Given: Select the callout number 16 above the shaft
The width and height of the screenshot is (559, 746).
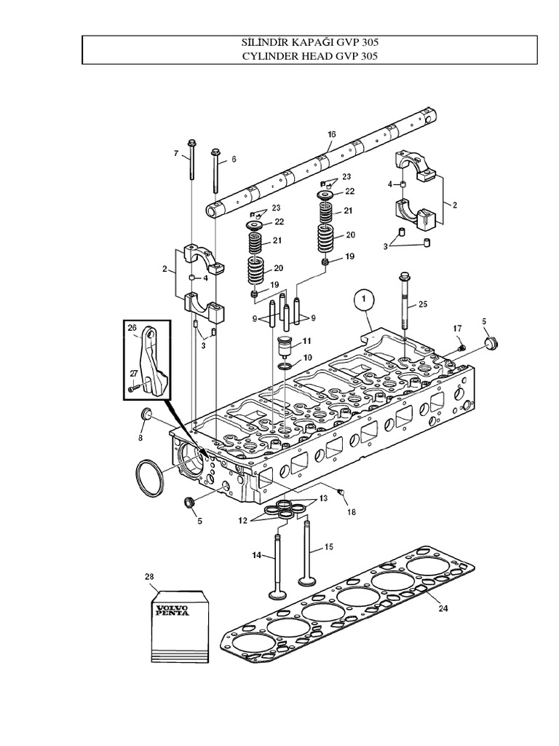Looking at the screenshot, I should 331,134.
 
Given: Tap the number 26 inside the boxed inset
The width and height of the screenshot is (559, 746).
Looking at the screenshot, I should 132,328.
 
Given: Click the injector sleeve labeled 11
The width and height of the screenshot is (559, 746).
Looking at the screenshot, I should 285,344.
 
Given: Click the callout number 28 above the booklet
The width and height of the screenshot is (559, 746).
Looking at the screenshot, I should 149,576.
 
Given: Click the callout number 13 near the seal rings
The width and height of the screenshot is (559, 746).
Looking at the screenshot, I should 324,498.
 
